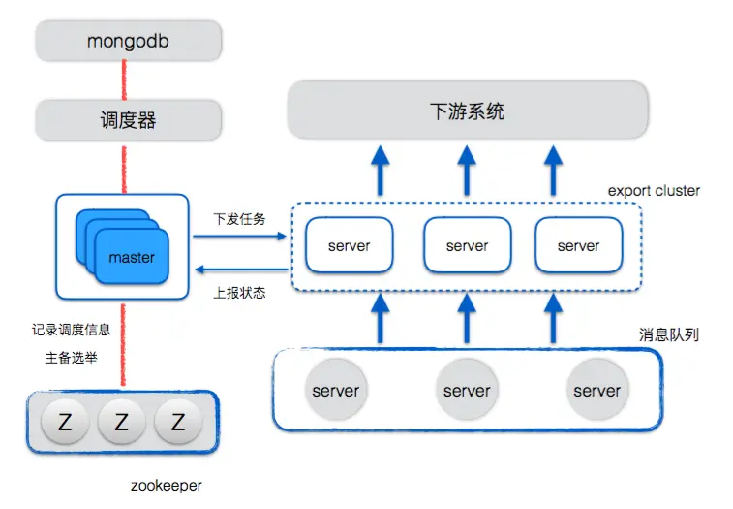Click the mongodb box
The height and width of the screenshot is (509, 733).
pos(129,42)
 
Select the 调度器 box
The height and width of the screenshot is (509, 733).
pos(129,121)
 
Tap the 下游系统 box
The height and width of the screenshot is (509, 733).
pos(467,111)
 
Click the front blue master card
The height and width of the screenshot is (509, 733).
pos(132,257)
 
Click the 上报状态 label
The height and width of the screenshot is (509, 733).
pos(239,291)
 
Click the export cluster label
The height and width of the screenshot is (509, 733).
pos(654,191)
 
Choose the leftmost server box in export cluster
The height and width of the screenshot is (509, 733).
pos(349,246)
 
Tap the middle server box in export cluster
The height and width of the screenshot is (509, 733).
pos(467,246)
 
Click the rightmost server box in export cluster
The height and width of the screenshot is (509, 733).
pos(578,246)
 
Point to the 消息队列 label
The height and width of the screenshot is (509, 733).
pos(668,334)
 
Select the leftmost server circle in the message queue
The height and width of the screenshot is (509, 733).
pos(336,390)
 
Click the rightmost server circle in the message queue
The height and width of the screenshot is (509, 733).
pos(596,390)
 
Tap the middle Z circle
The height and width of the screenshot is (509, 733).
pos(122,422)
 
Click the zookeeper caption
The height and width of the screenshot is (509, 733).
pos(167,484)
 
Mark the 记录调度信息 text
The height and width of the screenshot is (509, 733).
pos(71,330)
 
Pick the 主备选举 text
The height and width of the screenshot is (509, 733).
pos(71,358)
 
